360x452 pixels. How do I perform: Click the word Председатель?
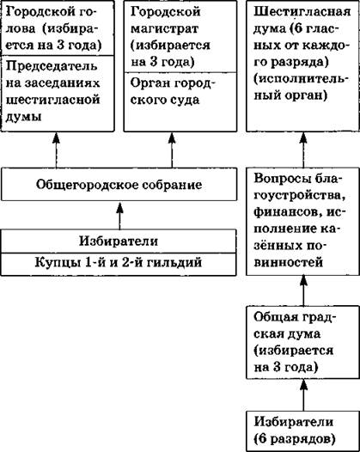coord(52,67)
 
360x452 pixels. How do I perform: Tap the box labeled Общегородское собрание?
coord(119,184)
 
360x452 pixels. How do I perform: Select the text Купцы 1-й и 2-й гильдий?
coord(119,263)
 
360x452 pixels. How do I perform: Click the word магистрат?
coord(165,29)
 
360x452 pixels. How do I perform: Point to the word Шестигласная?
coord(302,12)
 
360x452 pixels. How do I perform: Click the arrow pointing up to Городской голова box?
coord(56,150)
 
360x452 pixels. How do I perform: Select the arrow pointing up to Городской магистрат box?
coord(172,150)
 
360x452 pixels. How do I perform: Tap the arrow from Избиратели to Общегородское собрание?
coord(120,216)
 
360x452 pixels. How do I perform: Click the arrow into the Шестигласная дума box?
coord(303,150)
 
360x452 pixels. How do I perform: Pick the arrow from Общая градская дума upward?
coord(303,290)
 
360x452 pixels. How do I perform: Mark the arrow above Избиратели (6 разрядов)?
coord(303,395)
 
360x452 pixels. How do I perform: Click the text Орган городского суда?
coord(173,92)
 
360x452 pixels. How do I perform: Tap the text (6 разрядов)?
coord(295,440)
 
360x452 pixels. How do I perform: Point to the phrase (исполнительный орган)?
coord(302,88)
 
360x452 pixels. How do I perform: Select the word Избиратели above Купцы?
coord(119,241)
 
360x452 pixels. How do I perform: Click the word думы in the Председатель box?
coord(24,117)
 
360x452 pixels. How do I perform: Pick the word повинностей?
coord(288,263)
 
